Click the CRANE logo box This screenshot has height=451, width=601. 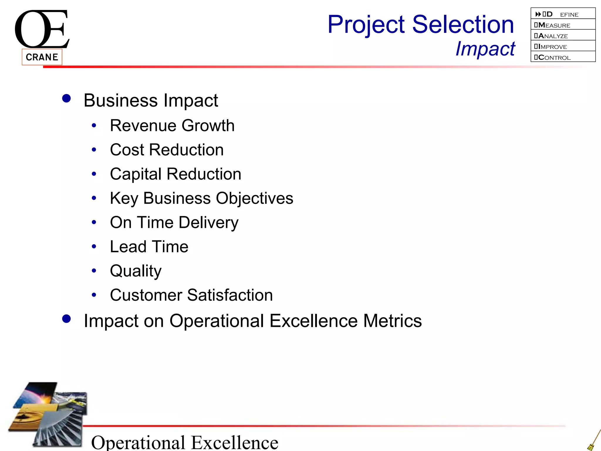tap(42, 57)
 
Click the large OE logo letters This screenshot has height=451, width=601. tap(42, 29)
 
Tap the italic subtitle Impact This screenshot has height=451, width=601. tap(485, 48)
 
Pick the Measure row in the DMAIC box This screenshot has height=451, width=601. tap(563, 25)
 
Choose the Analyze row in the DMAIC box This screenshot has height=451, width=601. tap(563, 36)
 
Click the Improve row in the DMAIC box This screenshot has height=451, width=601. tap(563, 46)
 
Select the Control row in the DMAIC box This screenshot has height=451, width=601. tap(563, 57)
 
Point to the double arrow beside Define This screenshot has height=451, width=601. tap(538, 14)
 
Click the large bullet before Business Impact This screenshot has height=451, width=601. tap(67, 98)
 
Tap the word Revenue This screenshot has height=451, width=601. tap(143, 126)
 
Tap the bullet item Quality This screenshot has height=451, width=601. tap(136, 271)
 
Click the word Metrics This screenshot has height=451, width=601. tap(392, 321)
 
